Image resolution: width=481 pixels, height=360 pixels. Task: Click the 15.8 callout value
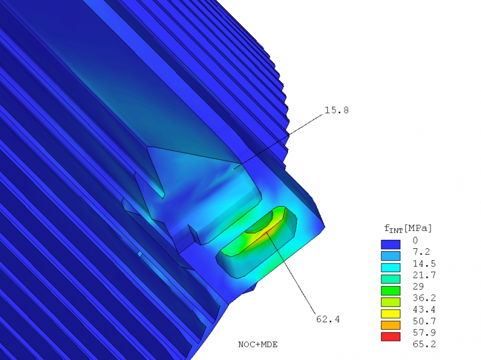337,110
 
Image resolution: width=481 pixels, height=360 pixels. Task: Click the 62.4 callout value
328,319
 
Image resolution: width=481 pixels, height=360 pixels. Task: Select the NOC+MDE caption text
258,344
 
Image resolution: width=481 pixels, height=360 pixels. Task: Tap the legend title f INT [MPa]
408,228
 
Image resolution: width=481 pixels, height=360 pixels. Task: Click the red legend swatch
390,337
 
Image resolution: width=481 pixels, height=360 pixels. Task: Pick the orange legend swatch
390,325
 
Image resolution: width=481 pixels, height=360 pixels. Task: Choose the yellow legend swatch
390,313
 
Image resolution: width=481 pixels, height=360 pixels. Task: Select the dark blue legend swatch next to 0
390,245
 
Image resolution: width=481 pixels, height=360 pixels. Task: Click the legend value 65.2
424,344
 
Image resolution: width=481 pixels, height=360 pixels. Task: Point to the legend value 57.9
424,332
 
